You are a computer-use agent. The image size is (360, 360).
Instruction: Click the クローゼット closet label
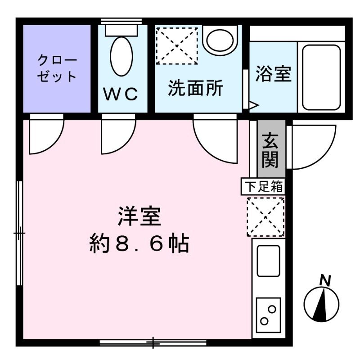click(57, 68)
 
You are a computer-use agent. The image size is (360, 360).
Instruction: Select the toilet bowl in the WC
click(121, 56)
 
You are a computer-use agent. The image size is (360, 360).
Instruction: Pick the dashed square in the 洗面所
click(176, 45)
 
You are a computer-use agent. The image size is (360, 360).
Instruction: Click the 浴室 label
click(273, 74)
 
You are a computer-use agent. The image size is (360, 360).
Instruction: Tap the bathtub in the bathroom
click(321, 77)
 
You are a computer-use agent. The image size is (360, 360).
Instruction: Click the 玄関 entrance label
click(271, 149)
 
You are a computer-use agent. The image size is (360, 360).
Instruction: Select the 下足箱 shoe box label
click(264, 186)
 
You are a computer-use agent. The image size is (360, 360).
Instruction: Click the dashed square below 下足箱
click(265, 216)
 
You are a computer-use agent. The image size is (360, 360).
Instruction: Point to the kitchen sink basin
click(268, 261)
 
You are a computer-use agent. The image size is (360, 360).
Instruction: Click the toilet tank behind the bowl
click(121, 30)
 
